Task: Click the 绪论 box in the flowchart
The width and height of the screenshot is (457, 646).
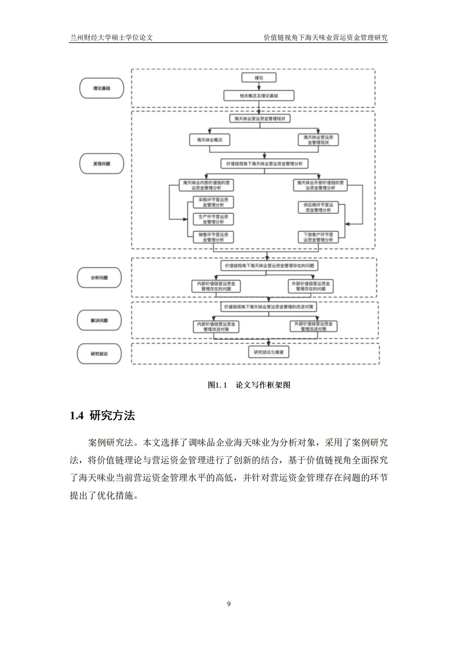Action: tap(259, 78)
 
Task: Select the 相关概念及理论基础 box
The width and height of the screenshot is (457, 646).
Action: tap(259, 96)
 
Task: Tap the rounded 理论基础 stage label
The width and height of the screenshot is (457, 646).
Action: tap(102, 88)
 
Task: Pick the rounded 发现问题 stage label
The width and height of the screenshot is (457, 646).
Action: tap(102, 164)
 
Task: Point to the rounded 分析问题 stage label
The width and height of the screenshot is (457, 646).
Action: tap(99, 278)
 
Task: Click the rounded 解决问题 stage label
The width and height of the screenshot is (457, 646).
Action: tap(99, 320)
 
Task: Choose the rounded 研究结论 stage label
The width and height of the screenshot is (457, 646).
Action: tap(99, 353)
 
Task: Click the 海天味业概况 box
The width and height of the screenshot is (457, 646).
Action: tap(209, 140)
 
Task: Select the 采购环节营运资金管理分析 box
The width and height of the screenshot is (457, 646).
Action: tap(213, 202)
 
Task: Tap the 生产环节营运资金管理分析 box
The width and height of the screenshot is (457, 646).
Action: tap(213, 219)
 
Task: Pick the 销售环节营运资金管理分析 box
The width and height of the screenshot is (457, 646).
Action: tap(213, 237)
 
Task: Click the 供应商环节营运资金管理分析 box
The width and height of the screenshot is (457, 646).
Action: tap(318, 207)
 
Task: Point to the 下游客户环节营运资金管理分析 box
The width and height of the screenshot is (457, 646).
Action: tap(318, 237)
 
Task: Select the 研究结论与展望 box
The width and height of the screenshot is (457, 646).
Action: tap(269, 353)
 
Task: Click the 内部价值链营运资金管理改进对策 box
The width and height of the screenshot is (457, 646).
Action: tap(216, 326)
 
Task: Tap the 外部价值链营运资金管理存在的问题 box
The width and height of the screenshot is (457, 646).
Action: tap(311, 286)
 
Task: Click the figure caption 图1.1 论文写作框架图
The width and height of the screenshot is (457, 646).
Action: tap(249, 385)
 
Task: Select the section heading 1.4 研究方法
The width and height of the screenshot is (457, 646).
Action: tap(102, 416)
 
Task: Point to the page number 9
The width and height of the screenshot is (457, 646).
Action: tap(229, 604)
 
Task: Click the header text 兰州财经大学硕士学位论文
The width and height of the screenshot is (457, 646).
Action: tap(111, 37)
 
